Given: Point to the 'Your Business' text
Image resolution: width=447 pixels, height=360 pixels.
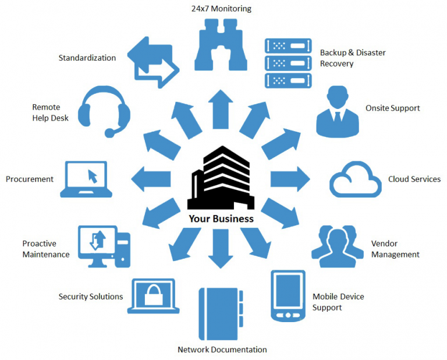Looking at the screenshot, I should click(221, 219).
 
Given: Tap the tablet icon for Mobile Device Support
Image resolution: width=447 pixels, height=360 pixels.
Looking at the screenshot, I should click(288, 295).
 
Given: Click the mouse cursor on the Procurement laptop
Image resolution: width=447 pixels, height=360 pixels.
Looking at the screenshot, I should click(91, 175).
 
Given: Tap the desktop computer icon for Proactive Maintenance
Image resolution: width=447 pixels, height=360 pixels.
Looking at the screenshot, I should click(104, 246).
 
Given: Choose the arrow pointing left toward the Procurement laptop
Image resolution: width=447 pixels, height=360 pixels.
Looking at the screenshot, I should click(151, 178).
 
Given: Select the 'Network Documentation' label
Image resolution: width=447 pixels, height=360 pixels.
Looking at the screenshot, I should click(222, 350).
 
